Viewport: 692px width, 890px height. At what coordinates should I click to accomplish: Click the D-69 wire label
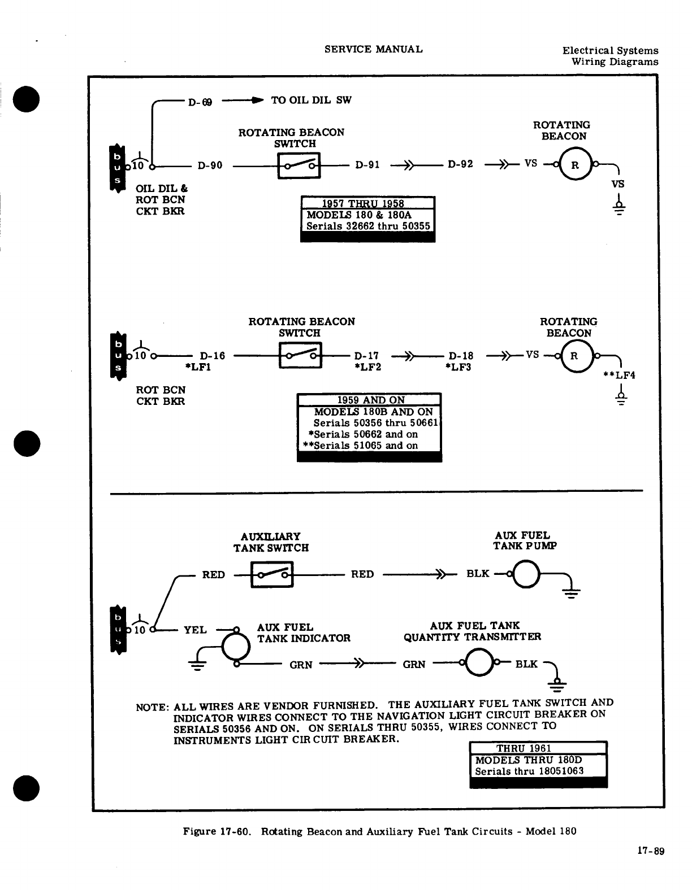click(x=200, y=102)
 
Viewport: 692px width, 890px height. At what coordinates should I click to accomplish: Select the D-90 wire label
click(x=210, y=165)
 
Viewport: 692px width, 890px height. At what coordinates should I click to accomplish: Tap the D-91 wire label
click(x=367, y=165)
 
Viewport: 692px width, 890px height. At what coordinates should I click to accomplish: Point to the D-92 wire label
click(x=460, y=165)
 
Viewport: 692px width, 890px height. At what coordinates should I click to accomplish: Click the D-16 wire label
click(x=213, y=356)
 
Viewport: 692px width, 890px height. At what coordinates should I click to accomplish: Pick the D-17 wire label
click(x=366, y=356)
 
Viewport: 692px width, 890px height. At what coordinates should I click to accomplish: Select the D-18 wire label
click(x=461, y=356)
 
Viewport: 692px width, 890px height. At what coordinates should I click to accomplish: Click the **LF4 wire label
click(x=620, y=374)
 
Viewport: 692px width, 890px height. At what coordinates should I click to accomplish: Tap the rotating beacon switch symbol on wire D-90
click(x=299, y=165)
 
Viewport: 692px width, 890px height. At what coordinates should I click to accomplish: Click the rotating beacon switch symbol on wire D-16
click(x=300, y=356)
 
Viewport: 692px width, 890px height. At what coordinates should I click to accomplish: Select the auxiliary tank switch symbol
click(x=272, y=574)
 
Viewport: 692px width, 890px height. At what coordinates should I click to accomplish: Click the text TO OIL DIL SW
click(x=312, y=100)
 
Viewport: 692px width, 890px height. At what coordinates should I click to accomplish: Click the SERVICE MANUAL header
click(x=373, y=49)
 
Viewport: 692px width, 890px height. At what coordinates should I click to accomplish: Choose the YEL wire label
click(x=196, y=630)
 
